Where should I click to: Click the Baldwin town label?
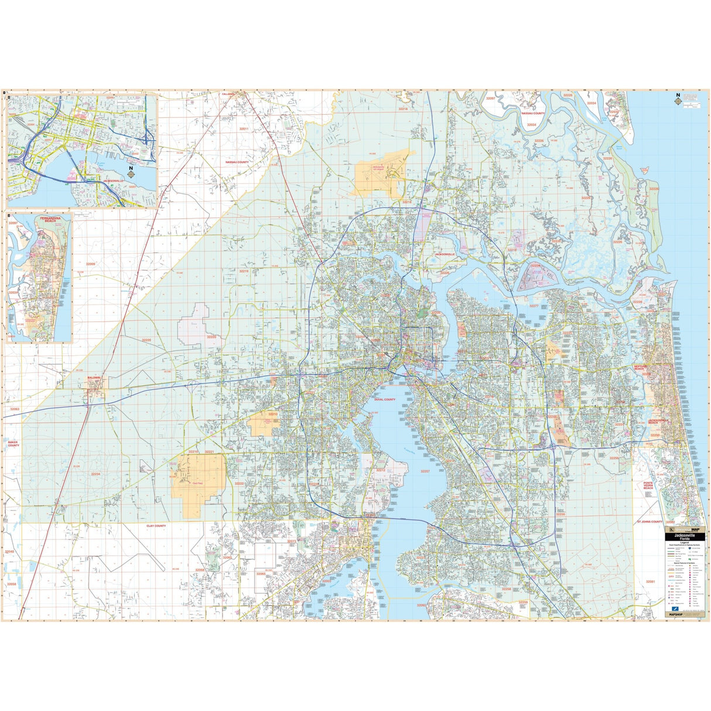(94, 378)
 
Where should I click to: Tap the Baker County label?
(13, 444)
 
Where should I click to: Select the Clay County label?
(156, 526)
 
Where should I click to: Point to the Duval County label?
(384, 399)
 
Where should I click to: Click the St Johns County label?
(650, 521)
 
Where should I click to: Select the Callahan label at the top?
(228, 94)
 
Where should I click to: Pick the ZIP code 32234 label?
(95, 474)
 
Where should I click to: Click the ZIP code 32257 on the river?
(425, 471)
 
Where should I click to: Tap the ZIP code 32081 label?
(650, 582)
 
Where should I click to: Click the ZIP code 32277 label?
(534, 306)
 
